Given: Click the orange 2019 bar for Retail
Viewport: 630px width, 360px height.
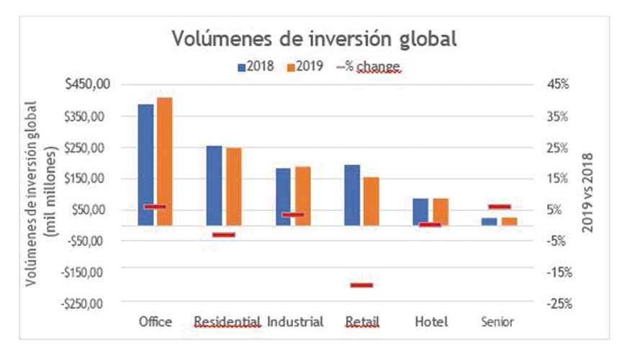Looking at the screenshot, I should (371, 201).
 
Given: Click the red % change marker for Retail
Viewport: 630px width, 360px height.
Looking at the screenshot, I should (361, 286).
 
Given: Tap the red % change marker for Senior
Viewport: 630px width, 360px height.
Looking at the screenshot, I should (499, 207).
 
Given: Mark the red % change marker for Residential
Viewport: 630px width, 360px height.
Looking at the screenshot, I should (224, 235).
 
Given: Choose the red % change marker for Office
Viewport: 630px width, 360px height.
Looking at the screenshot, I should (155, 207).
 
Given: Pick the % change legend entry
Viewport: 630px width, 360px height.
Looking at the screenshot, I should (368, 67).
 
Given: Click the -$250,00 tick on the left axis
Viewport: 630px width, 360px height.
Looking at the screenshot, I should (85, 303).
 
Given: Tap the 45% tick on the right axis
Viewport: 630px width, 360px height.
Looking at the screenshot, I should (558, 84).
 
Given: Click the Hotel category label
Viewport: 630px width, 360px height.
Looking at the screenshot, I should (431, 322).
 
